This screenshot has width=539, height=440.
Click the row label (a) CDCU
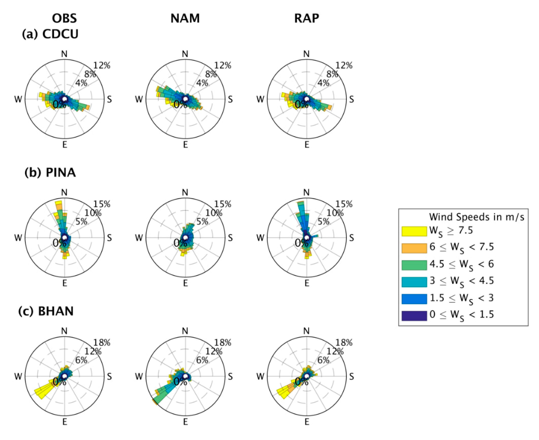coord(50,34)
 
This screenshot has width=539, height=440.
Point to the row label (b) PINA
coord(50,173)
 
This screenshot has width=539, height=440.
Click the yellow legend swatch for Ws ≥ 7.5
coord(414,231)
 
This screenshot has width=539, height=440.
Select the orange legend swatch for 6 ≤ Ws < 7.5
coord(414,248)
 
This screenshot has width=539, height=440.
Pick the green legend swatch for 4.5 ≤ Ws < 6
coord(414,265)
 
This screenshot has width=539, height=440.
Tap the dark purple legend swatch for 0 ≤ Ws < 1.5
coord(414,316)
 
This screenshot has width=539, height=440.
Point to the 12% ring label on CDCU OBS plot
coord(102,66)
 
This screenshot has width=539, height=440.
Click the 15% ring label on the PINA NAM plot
coord(223,204)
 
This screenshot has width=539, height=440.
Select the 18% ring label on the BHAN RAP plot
coord(344,343)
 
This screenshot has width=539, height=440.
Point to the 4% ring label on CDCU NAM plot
coord(202,83)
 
